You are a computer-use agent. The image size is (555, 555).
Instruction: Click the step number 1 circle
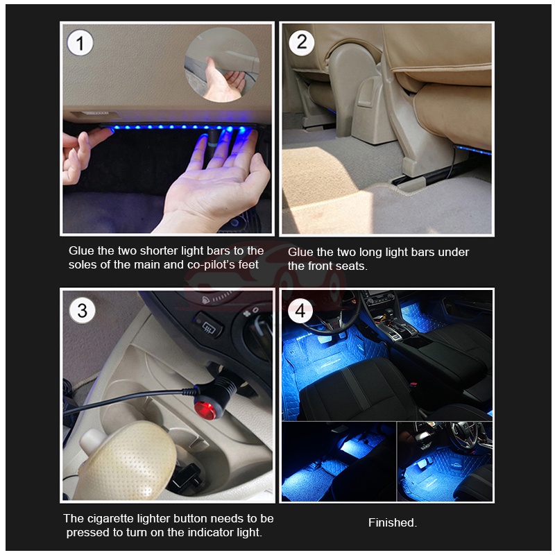point(80,43)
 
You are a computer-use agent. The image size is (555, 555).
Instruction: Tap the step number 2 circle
point(302,42)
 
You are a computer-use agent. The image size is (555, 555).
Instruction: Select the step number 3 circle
point(82,311)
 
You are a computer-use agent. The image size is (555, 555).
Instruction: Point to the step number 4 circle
point(300,311)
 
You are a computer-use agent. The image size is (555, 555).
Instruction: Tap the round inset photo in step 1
point(221,65)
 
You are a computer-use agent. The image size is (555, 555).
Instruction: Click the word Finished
point(393,522)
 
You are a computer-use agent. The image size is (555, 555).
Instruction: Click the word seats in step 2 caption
point(351,266)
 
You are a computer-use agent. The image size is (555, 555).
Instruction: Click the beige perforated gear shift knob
point(127,461)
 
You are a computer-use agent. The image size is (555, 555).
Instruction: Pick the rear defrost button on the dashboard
point(209,325)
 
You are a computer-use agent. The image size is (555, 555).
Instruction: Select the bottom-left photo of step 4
point(339,461)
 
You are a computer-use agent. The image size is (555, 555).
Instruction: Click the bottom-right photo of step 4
point(445,461)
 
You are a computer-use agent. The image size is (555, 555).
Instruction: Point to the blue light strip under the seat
point(473,150)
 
